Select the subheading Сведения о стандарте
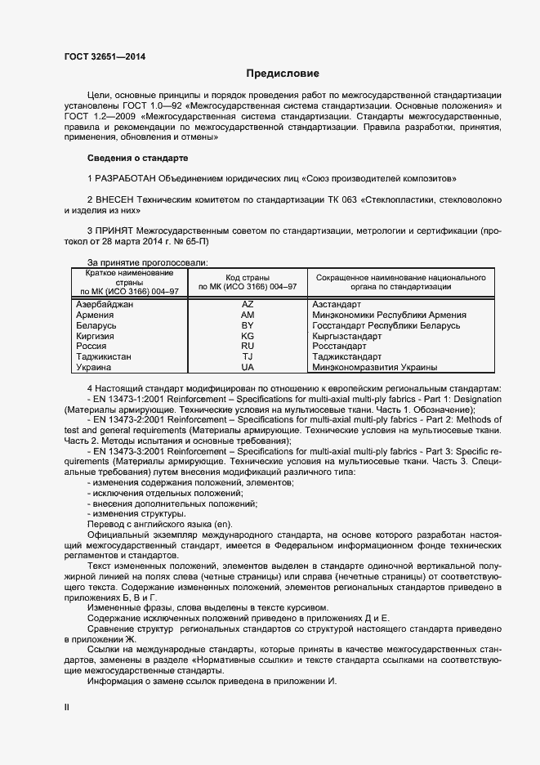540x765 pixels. coord(137,157)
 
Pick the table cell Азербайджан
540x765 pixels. coord(105,303)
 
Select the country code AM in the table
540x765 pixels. coord(248,314)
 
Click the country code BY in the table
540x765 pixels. coord(248,325)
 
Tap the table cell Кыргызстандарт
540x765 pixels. coord(347,336)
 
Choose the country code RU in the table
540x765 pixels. coord(248,347)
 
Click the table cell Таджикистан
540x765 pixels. coord(104,357)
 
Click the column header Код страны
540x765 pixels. coord(248,278)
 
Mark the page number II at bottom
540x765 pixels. coord(67,709)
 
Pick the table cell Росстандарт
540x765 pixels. coord(339,347)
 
